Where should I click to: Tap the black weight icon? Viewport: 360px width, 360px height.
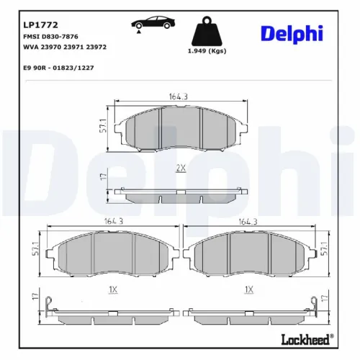(x=207, y=32)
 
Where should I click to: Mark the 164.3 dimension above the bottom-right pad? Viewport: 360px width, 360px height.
(x=248, y=222)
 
